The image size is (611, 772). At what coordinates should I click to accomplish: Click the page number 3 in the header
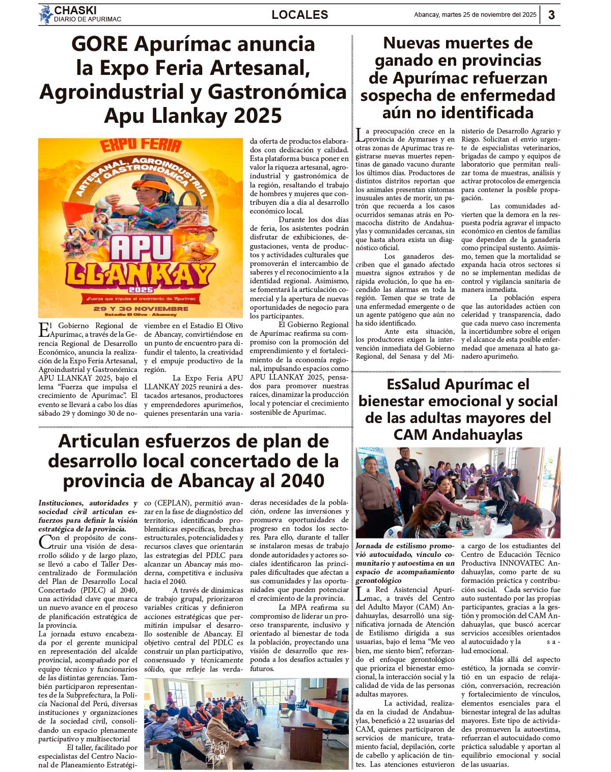pyautogui.click(x=551, y=15)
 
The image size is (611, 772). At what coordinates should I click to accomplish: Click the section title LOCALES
pyautogui.click(x=299, y=15)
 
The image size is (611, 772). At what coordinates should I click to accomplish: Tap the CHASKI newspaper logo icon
pyautogui.click(x=46, y=14)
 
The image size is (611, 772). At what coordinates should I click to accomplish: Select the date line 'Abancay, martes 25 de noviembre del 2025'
pyautogui.click(x=475, y=15)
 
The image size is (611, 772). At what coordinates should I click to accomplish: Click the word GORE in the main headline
pyautogui.click(x=100, y=44)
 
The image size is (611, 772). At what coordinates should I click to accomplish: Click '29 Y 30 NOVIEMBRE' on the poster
pyautogui.click(x=141, y=308)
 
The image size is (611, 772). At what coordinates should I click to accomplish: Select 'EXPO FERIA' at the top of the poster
pyautogui.click(x=141, y=146)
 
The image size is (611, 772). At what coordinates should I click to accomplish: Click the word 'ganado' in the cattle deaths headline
pyautogui.click(x=406, y=61)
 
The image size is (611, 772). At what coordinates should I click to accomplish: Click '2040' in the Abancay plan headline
pyautogui.click(x=301, y=481)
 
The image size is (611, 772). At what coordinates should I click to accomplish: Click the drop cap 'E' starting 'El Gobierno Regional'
pyautogui.click(x=43, y=330)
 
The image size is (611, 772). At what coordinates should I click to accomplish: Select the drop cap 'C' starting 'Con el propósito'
pyautogui.click(x=44, y=542)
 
